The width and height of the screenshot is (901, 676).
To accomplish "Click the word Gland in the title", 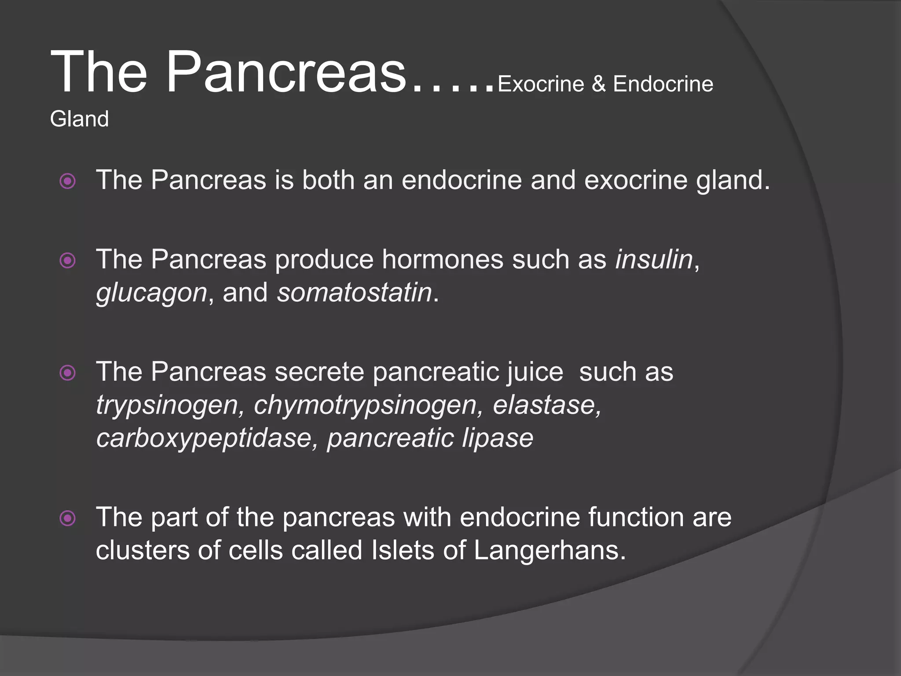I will (79, 119).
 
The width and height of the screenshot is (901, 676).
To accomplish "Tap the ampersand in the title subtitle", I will (598, 84).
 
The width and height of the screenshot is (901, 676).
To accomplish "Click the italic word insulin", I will (654, 259).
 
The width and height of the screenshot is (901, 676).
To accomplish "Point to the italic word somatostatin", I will (354, 293).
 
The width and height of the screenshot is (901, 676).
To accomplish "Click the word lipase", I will (497, 439).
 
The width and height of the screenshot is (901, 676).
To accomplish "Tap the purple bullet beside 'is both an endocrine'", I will (67, 181).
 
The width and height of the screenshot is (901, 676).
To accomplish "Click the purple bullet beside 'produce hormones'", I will (67, 261).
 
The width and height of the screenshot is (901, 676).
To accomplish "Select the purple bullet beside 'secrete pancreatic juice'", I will (67, 373).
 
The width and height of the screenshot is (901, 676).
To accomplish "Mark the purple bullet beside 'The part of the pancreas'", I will (67, 518).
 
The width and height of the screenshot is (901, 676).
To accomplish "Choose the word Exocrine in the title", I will (540, 84).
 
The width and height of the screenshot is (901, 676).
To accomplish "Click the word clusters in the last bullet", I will (143, 550).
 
